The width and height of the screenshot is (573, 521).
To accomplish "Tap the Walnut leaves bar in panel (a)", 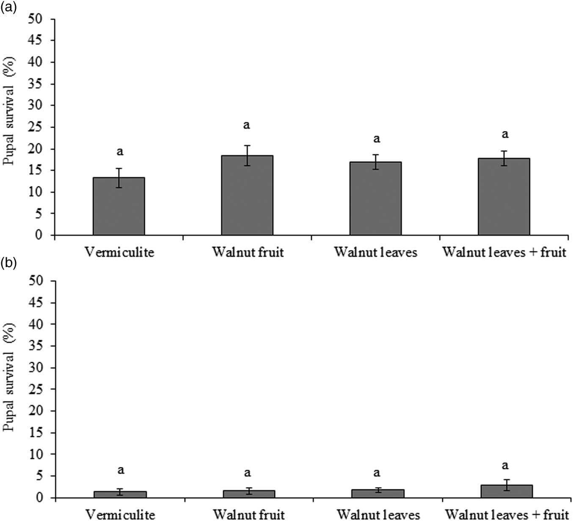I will [x=375, y=198].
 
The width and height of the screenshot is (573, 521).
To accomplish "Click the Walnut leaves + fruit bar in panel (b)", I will [x=506, y=491].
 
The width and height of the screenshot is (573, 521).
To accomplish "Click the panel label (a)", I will [x=8, y=7].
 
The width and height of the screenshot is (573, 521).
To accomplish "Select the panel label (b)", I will [x=8, y=264].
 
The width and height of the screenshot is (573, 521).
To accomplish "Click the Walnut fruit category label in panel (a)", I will [x=248, y=252].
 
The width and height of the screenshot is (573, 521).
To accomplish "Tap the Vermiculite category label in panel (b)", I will [x=121, y=515].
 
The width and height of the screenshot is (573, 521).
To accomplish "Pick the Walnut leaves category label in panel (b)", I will [x=378, y=515].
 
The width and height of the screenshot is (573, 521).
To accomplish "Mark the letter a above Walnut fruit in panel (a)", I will [x=247, y=125].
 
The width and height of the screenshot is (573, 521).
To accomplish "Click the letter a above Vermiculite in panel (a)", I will [x=120, y=152].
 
